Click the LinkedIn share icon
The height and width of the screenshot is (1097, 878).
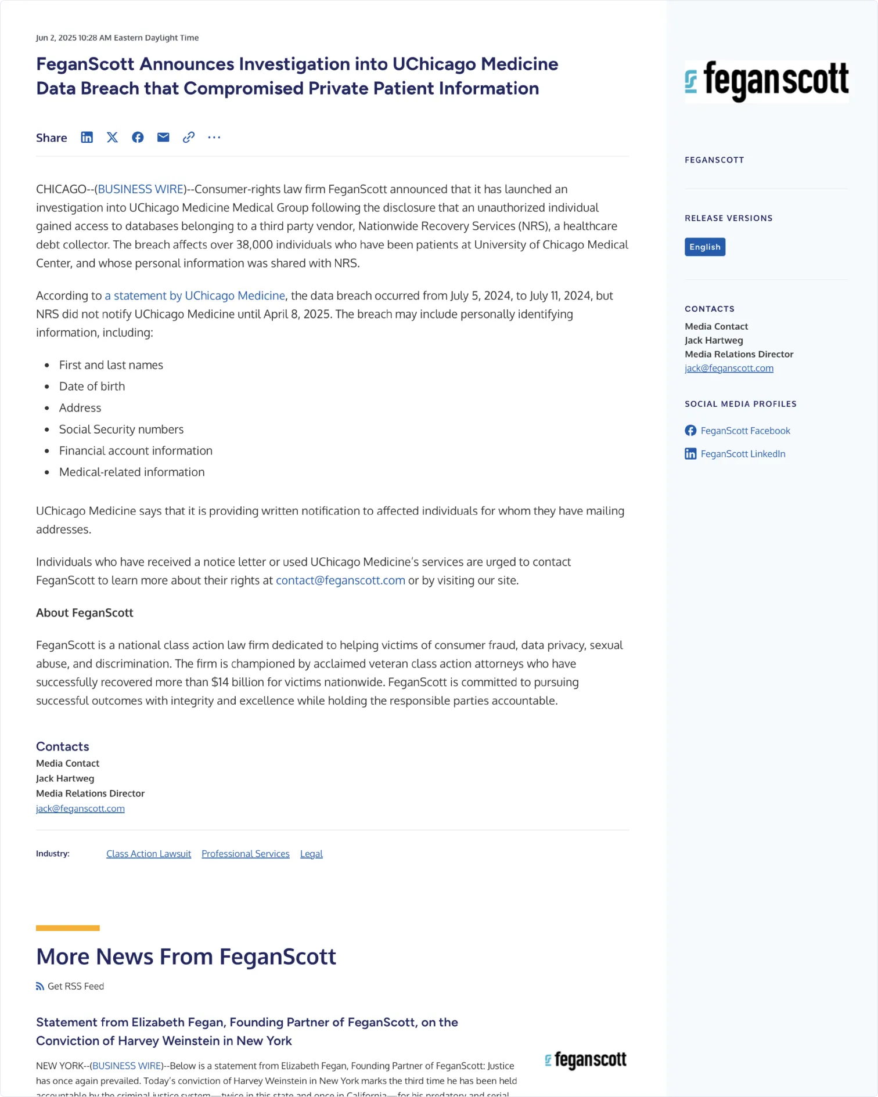pyautogui.click(x=87, y=138)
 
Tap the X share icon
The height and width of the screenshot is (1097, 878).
pyautogui.click(x=112, y=138)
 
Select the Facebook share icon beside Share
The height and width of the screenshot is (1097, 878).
pyautogui.click(x=138, y=138)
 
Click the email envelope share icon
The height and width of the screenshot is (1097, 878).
pyautogui.click(x=163, y=138)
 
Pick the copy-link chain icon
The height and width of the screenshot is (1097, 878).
pyautogui.click(x=189, y=138)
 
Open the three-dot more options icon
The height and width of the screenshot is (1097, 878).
pyautogui.click(x=214, y=138)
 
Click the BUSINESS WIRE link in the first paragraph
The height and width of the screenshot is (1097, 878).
pyautogui.click(x=141, y=189)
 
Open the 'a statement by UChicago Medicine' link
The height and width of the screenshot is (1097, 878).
pyautogui.click(x=195, y=295)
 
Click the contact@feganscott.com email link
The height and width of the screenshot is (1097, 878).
pyautogui.click(x=340, y=580)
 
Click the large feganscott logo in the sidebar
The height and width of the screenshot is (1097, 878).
pyautogui.click(x=767, y=81)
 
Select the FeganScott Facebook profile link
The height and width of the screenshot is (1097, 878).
pyautogui.click(x=745, y=431)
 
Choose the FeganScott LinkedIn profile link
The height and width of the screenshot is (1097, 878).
pyautogui.click(x=743, y=454)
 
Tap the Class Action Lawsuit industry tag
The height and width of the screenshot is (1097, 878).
pyautogui.click(x=149, y=854)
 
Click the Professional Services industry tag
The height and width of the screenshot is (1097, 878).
pyautogui.click(x=246, y=854)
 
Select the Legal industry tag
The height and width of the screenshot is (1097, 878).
pyautogui.click(x=311, y=854)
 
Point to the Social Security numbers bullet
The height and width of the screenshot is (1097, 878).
pyautogui.click(x=121, y=430)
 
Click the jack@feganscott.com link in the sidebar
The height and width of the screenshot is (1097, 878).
pyautogui.click(x=729, y=368)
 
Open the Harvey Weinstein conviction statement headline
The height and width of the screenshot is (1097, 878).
pyautogui.click(x=247, y=1031)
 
